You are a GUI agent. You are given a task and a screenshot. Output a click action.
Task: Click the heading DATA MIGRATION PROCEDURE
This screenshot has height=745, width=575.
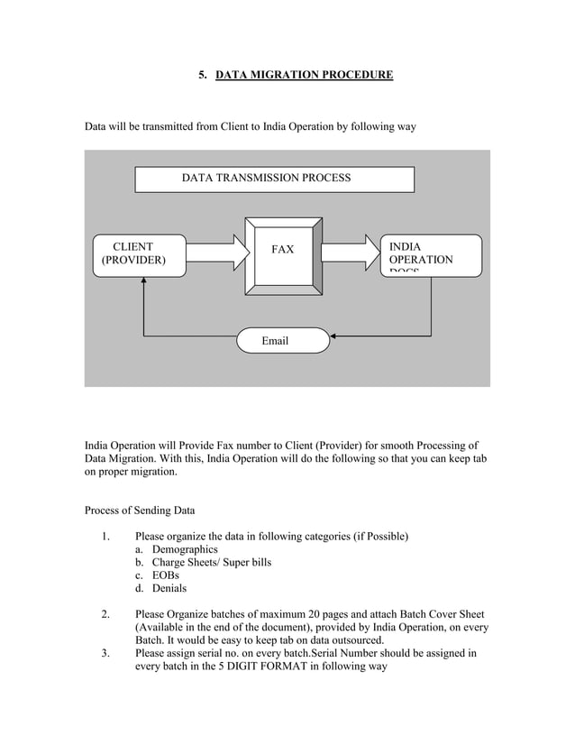click(304, 75)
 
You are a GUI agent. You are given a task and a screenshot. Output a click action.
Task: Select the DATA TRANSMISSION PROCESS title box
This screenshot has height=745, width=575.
click(274, 179)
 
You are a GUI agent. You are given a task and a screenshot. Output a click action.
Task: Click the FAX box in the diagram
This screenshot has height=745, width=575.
click(283, 255)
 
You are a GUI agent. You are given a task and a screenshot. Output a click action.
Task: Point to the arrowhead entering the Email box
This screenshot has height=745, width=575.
click(336, 339)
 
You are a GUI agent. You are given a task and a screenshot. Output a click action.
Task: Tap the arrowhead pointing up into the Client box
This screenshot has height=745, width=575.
click(144, 281)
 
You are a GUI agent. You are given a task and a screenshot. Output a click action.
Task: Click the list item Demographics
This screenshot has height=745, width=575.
click(184, 549)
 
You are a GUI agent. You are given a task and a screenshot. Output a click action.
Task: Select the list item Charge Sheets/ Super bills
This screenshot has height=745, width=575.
click(211, 562)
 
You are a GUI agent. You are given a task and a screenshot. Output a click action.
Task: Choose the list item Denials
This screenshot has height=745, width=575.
click(169, 588)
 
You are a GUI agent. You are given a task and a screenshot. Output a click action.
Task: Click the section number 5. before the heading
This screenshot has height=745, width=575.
click(203, 75)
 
